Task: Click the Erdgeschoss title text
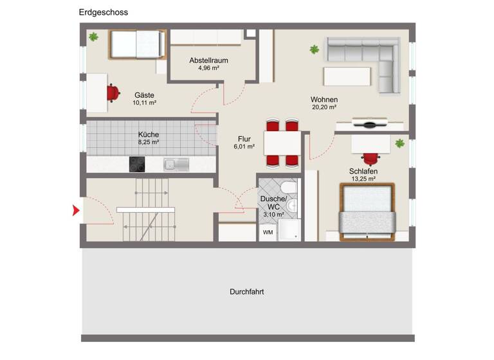103,12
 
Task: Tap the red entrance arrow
76,210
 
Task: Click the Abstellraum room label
209,60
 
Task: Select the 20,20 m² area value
324,107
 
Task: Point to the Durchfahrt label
247,291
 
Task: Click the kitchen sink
175,164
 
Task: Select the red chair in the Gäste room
114,93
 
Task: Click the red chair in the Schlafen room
370,157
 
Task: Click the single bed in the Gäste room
137,45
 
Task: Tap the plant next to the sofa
315,49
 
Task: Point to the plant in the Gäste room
94,37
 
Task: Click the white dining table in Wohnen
282,142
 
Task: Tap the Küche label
148,134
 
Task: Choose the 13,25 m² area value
363,179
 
